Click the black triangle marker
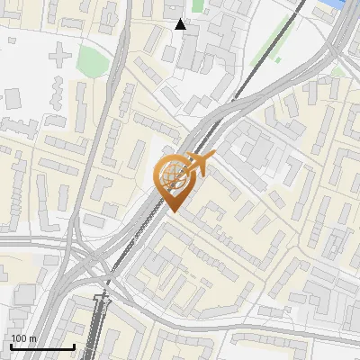click(x=181, y=24)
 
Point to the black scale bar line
click(x=41, y=346)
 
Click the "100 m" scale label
click(x=24, y=337)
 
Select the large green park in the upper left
click(x=94, y=60)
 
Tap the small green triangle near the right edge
click(x=339, y=69)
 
